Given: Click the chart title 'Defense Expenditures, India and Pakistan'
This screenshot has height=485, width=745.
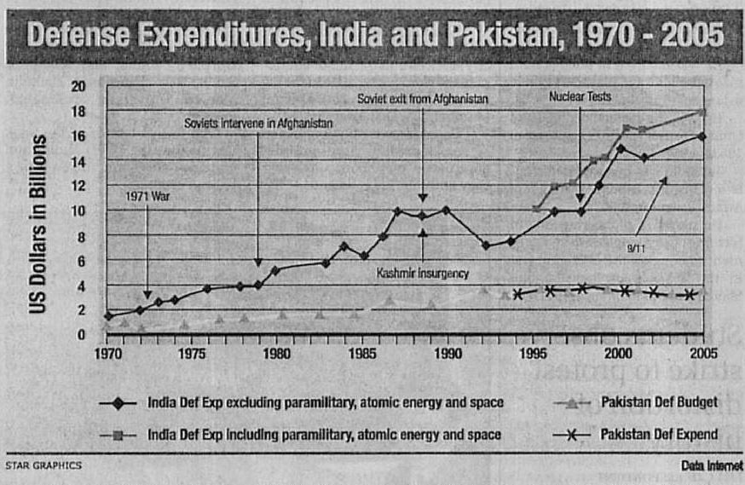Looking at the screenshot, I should click(x=376, y=35).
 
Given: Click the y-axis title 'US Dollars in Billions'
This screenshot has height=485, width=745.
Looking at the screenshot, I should click(x=38, y=221).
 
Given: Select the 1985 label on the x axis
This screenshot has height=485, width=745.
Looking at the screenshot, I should click(x=363, y=351).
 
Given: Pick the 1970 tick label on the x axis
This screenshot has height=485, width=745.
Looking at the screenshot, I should click(x=107, y=351).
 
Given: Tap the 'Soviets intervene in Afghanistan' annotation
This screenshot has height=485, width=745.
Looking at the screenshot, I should click(x=258, y=124).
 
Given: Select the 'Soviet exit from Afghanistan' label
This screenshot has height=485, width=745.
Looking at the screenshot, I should click(x=422, y=100).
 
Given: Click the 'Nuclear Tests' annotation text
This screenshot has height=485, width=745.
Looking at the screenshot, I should click(x=580, y=97).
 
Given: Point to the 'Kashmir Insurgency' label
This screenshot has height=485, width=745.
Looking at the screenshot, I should click(x=423, y=274).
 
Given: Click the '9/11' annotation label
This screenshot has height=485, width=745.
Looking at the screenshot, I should click(x=636, y=248).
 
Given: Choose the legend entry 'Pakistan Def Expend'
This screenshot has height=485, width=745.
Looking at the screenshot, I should click(x=659, y=435).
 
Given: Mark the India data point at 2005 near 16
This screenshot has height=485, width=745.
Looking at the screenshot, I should click(x=702, y=136).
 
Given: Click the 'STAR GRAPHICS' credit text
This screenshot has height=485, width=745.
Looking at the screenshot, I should click(x=43, y=465).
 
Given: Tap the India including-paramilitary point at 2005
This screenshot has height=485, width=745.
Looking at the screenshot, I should click(x=702, y=112).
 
